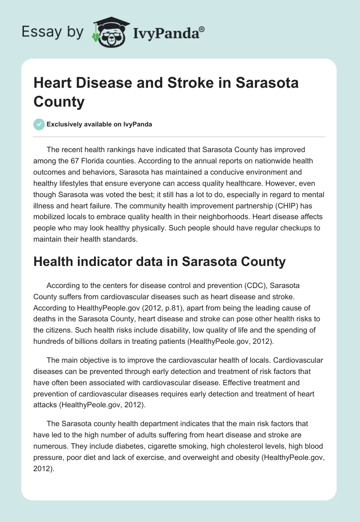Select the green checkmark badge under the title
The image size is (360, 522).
tap(39, 125)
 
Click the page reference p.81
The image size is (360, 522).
tap(171, 308)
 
